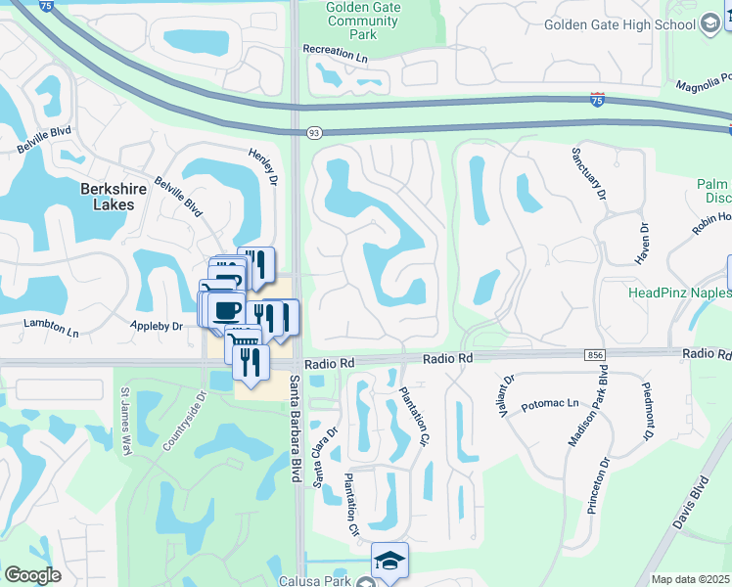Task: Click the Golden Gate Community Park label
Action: coord(363,20)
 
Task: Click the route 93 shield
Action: coord(314,132)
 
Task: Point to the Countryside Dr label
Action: coord(183,422)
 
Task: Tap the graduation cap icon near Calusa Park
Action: coord(389,561)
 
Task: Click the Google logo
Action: coord(32,574)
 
